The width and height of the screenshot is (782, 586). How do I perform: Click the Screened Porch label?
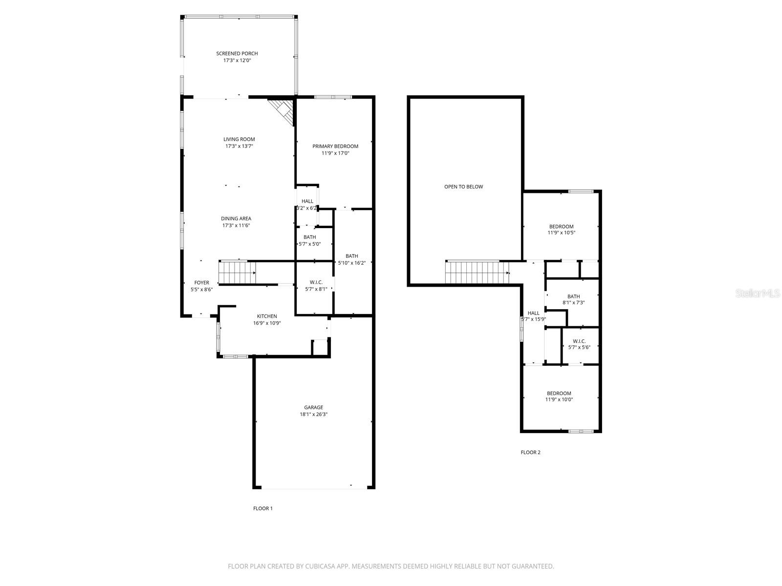point(237,54)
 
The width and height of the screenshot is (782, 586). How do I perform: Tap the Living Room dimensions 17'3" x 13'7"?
point(239,146)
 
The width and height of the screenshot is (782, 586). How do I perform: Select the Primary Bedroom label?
point(335,146)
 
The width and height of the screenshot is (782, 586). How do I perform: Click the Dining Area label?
point(236,219)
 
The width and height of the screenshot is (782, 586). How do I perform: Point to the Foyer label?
point(201,283)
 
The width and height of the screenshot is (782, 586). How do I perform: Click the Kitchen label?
point(267,316)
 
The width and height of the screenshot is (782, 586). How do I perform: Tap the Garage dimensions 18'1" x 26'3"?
point(313,414)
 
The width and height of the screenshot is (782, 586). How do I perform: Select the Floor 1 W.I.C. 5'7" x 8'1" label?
point(316,285)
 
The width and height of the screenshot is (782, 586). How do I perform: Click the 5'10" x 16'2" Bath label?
point(352,259)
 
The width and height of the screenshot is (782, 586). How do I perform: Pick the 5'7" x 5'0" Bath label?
point(309,240)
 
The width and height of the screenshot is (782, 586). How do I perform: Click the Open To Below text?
point(463,187)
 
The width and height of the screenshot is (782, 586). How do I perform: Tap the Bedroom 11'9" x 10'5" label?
point(561,230)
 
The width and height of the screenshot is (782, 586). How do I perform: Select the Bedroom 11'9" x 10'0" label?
point(559,396)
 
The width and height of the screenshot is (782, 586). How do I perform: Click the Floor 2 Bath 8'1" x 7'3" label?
point(573,299)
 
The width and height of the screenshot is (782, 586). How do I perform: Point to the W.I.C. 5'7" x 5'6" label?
point(579,344)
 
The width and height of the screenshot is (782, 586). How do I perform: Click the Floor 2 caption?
point(530,452)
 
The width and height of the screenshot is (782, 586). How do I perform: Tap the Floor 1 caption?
point(262,508)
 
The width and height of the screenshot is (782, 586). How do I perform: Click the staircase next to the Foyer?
point(237,272)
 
